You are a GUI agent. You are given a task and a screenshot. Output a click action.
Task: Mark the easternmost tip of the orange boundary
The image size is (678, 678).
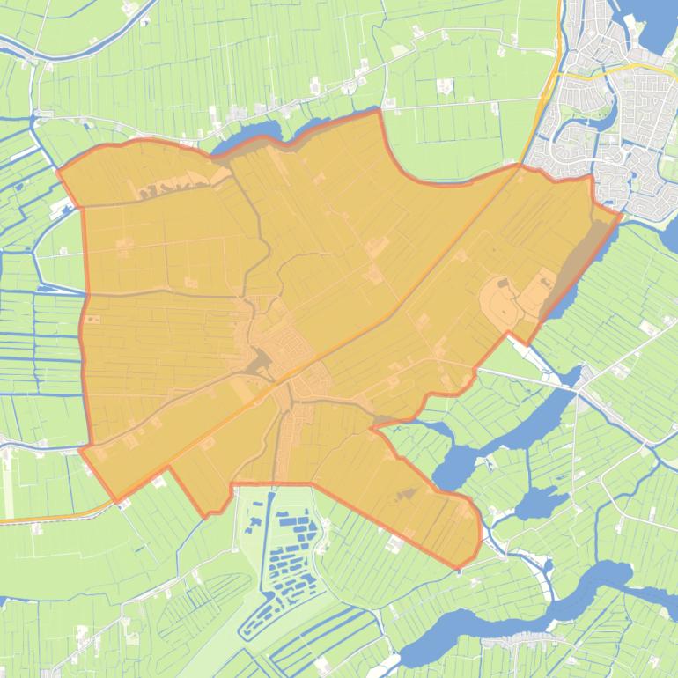[622, 214]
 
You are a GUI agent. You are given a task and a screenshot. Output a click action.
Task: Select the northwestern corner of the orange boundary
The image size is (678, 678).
[59, 169]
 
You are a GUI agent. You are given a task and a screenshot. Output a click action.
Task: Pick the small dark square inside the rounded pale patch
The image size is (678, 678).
[504, 284]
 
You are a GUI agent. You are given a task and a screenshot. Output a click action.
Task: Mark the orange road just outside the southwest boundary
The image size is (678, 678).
[44, 518]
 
